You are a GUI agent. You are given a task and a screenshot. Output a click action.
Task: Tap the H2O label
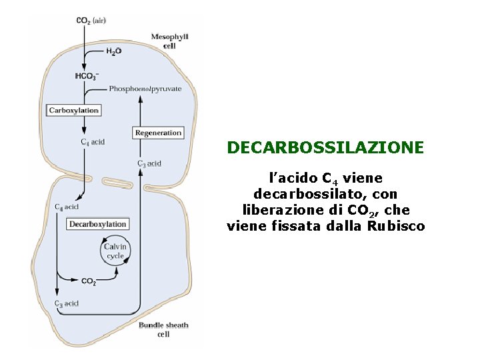click(113, 51)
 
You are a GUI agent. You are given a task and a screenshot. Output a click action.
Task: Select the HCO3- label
click(87, 77)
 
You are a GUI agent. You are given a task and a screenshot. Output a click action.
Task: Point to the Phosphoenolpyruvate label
click(145, 89)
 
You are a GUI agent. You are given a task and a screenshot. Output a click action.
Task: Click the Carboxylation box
click(74, 110)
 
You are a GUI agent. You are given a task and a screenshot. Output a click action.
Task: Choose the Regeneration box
click(158, 133)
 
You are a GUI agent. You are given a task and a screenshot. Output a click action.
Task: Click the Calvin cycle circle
click(115, 251)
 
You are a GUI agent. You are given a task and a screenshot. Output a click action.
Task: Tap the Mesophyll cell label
click(170, 41)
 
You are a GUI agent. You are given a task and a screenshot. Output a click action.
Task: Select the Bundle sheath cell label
click(163, 329)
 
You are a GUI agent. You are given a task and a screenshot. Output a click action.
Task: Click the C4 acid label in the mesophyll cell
click(93, 142)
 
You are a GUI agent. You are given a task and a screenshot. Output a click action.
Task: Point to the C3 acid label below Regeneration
click(149, 163)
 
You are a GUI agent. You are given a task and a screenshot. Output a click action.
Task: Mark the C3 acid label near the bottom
click(67, 303)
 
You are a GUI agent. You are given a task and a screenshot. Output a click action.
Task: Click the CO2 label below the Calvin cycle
click(88, 282)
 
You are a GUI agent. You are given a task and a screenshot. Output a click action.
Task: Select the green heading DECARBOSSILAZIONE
click(325, 147)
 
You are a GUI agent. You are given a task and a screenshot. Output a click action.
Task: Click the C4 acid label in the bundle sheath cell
click(67, 207)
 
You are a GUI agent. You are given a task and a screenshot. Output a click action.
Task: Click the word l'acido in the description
click(292, 178)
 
